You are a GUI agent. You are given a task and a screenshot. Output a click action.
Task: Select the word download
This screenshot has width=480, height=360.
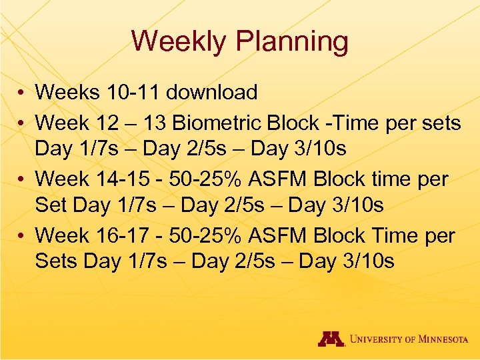pyautogui.click(x=211, y=92)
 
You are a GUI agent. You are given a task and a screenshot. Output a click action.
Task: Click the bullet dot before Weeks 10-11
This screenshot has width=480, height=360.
pyautogui.click(x=22, y=93)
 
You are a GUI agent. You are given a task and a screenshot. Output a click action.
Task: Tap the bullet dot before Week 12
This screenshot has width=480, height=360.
pyautogui.click(x=22, y=123)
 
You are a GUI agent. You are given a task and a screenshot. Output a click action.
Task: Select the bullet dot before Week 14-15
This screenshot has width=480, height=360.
pyautogui.click(x=22, y=179)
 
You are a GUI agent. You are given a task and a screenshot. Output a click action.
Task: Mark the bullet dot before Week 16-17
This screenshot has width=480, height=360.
pyautogui.click(x=22, y=236)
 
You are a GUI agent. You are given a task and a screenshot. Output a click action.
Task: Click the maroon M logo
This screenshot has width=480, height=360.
pyautogui.click(x=331, y=339)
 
